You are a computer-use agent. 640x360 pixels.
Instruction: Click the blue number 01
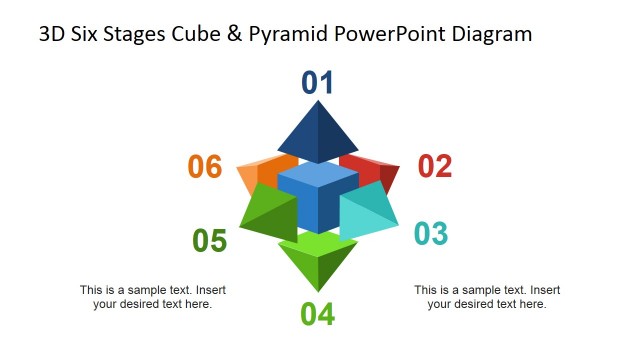point(318,83)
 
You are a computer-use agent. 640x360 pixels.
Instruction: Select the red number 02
point(434,166)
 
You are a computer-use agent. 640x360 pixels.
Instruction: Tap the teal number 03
point(430,234)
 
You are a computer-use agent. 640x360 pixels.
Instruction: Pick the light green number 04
point(317,314)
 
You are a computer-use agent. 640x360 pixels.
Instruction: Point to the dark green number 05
point(209,241)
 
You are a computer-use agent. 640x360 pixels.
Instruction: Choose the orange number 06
point(205,167)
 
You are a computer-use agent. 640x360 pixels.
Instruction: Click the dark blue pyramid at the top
point(318,134)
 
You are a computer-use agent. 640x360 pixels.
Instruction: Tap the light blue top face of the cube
point(318,178)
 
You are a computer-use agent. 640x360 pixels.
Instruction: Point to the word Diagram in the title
point(490,35)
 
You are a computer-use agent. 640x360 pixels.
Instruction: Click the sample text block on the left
point(152,297)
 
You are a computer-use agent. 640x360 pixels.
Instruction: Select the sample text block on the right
point(487,297)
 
